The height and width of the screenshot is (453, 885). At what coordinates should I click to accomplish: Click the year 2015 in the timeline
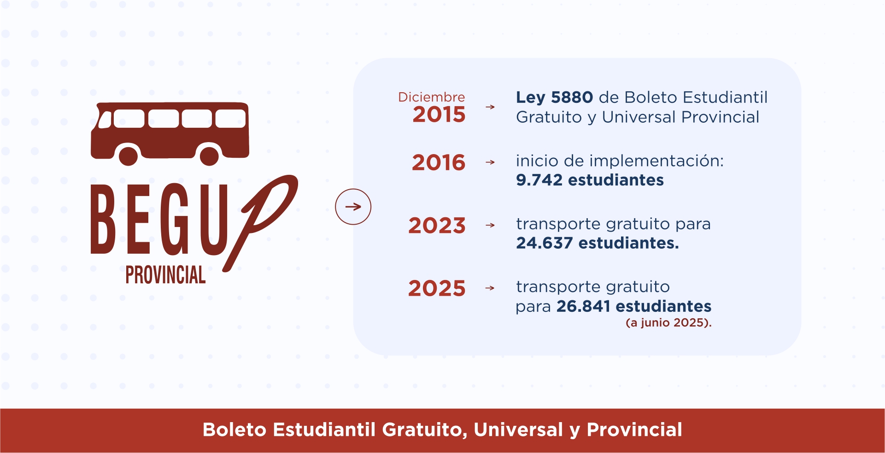[x=439, y=114]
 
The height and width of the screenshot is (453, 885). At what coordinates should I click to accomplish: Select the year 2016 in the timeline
[x=439, y=162]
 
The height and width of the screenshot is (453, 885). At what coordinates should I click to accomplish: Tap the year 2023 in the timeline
[x=437, y=226]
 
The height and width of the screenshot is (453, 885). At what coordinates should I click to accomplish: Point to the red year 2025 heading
[x=437, y=289]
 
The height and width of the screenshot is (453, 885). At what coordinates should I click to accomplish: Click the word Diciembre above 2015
[x=432, y=97]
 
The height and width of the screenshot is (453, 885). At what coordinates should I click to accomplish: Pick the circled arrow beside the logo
[x=353, y=207]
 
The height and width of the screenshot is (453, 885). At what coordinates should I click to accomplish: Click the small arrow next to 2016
[x=490, y=162]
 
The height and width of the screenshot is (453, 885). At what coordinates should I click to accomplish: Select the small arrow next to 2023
[x=490, y=226]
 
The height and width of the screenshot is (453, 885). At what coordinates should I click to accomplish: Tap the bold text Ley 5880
[x=554, y=97]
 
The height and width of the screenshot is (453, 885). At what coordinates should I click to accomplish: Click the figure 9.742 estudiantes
[x=590, y=180]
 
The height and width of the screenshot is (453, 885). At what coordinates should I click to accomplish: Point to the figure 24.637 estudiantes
[x=598, y=243]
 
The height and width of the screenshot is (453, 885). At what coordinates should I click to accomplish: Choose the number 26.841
[x=583, y=306]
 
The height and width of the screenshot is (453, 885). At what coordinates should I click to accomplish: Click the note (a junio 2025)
[x=668, y=322]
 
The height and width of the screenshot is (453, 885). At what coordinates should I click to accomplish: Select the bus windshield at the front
[x=105, y=119]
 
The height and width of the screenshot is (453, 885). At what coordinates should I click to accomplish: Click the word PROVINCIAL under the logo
[x=165, y=275]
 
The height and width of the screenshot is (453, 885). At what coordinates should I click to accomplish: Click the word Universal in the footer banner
[x=518, y=429]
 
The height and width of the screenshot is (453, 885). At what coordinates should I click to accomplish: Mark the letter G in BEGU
[x=175, y=219]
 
